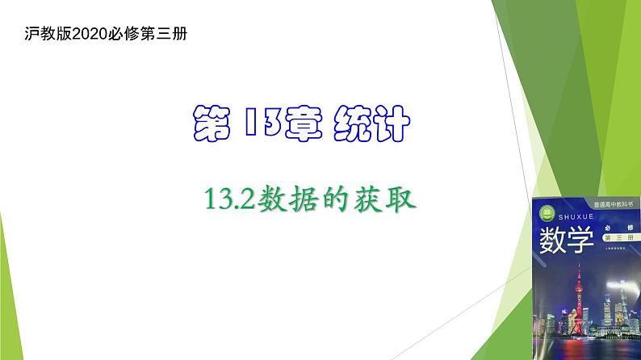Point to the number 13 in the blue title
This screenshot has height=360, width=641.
point(259,126)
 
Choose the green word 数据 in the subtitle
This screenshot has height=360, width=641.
point(287,199)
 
